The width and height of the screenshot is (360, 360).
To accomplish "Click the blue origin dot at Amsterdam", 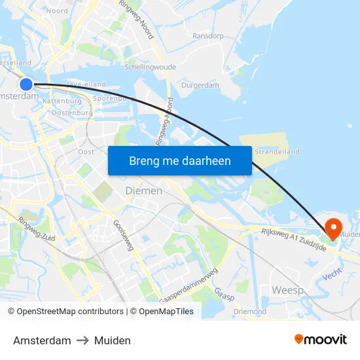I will (26, 84).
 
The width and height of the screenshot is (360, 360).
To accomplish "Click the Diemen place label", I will (143, 190).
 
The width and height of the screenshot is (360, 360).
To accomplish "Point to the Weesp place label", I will (287, 289).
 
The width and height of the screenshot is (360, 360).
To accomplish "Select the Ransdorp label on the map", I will (208, 36).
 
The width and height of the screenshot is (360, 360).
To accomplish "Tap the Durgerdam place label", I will (200, 85).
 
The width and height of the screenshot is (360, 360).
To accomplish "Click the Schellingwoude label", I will (150, 67).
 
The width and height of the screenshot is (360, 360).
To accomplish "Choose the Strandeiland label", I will (277, 152).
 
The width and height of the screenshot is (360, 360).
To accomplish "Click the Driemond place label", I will (249, 312).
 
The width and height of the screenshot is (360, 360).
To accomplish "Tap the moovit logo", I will (321, 339).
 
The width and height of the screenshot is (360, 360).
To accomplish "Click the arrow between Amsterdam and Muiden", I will (82, 340).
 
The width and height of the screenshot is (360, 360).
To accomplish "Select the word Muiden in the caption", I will (112, 340).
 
